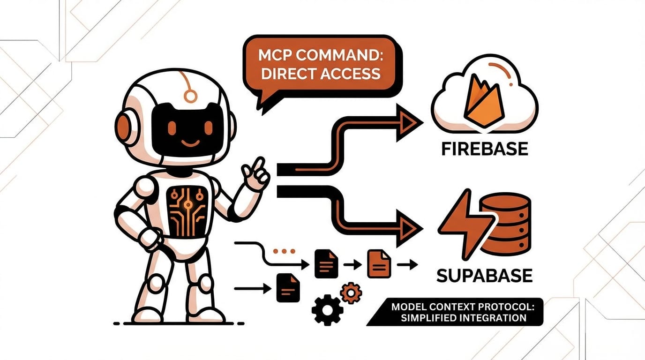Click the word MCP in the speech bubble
pyautogui.click(x=274, y=56)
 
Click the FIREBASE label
pyautogui.click(x=485, y=149)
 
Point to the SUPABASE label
pyautogui.click(x=484, y=275)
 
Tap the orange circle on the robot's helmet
pyautogui.click(x=190, y=97)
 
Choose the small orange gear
pyautogui.click(x=351, y=293)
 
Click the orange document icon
pyautogui.click(x=379, y=263)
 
